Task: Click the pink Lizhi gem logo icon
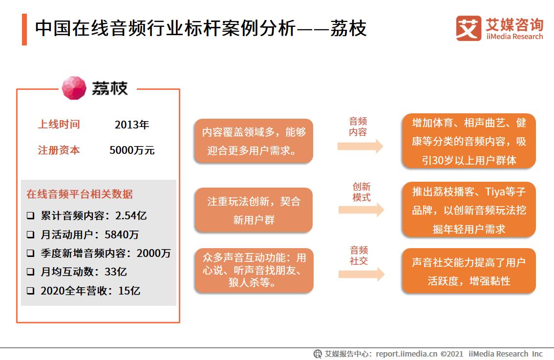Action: [x=74, y=88]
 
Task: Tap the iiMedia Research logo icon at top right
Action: [x=469, y=28]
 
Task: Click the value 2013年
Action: [x=132, y=125]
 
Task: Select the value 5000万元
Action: [x=132, y=150]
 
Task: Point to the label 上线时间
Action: [x=59, y=125]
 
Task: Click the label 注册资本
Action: [x=59, y=150]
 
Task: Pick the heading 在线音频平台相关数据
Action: [x=80, y=194]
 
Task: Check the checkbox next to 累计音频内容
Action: [x=31, y=215]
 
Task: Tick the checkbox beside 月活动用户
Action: [x=31, y=234]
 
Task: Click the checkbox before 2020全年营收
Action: [x=31, y=291]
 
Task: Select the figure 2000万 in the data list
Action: [x=154, y=254]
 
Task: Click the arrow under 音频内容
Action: [x=360, y=146]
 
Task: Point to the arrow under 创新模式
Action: [x=361, y=210]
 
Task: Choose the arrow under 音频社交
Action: [x=361, y=274]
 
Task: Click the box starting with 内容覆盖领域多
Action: [x=254, y=141]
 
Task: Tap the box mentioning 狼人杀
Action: [x=254, y=271]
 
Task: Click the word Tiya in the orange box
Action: [x=489, y=191]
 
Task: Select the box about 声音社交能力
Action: [x=469, y=271]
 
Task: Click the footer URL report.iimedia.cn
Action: [x=406, y=354]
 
